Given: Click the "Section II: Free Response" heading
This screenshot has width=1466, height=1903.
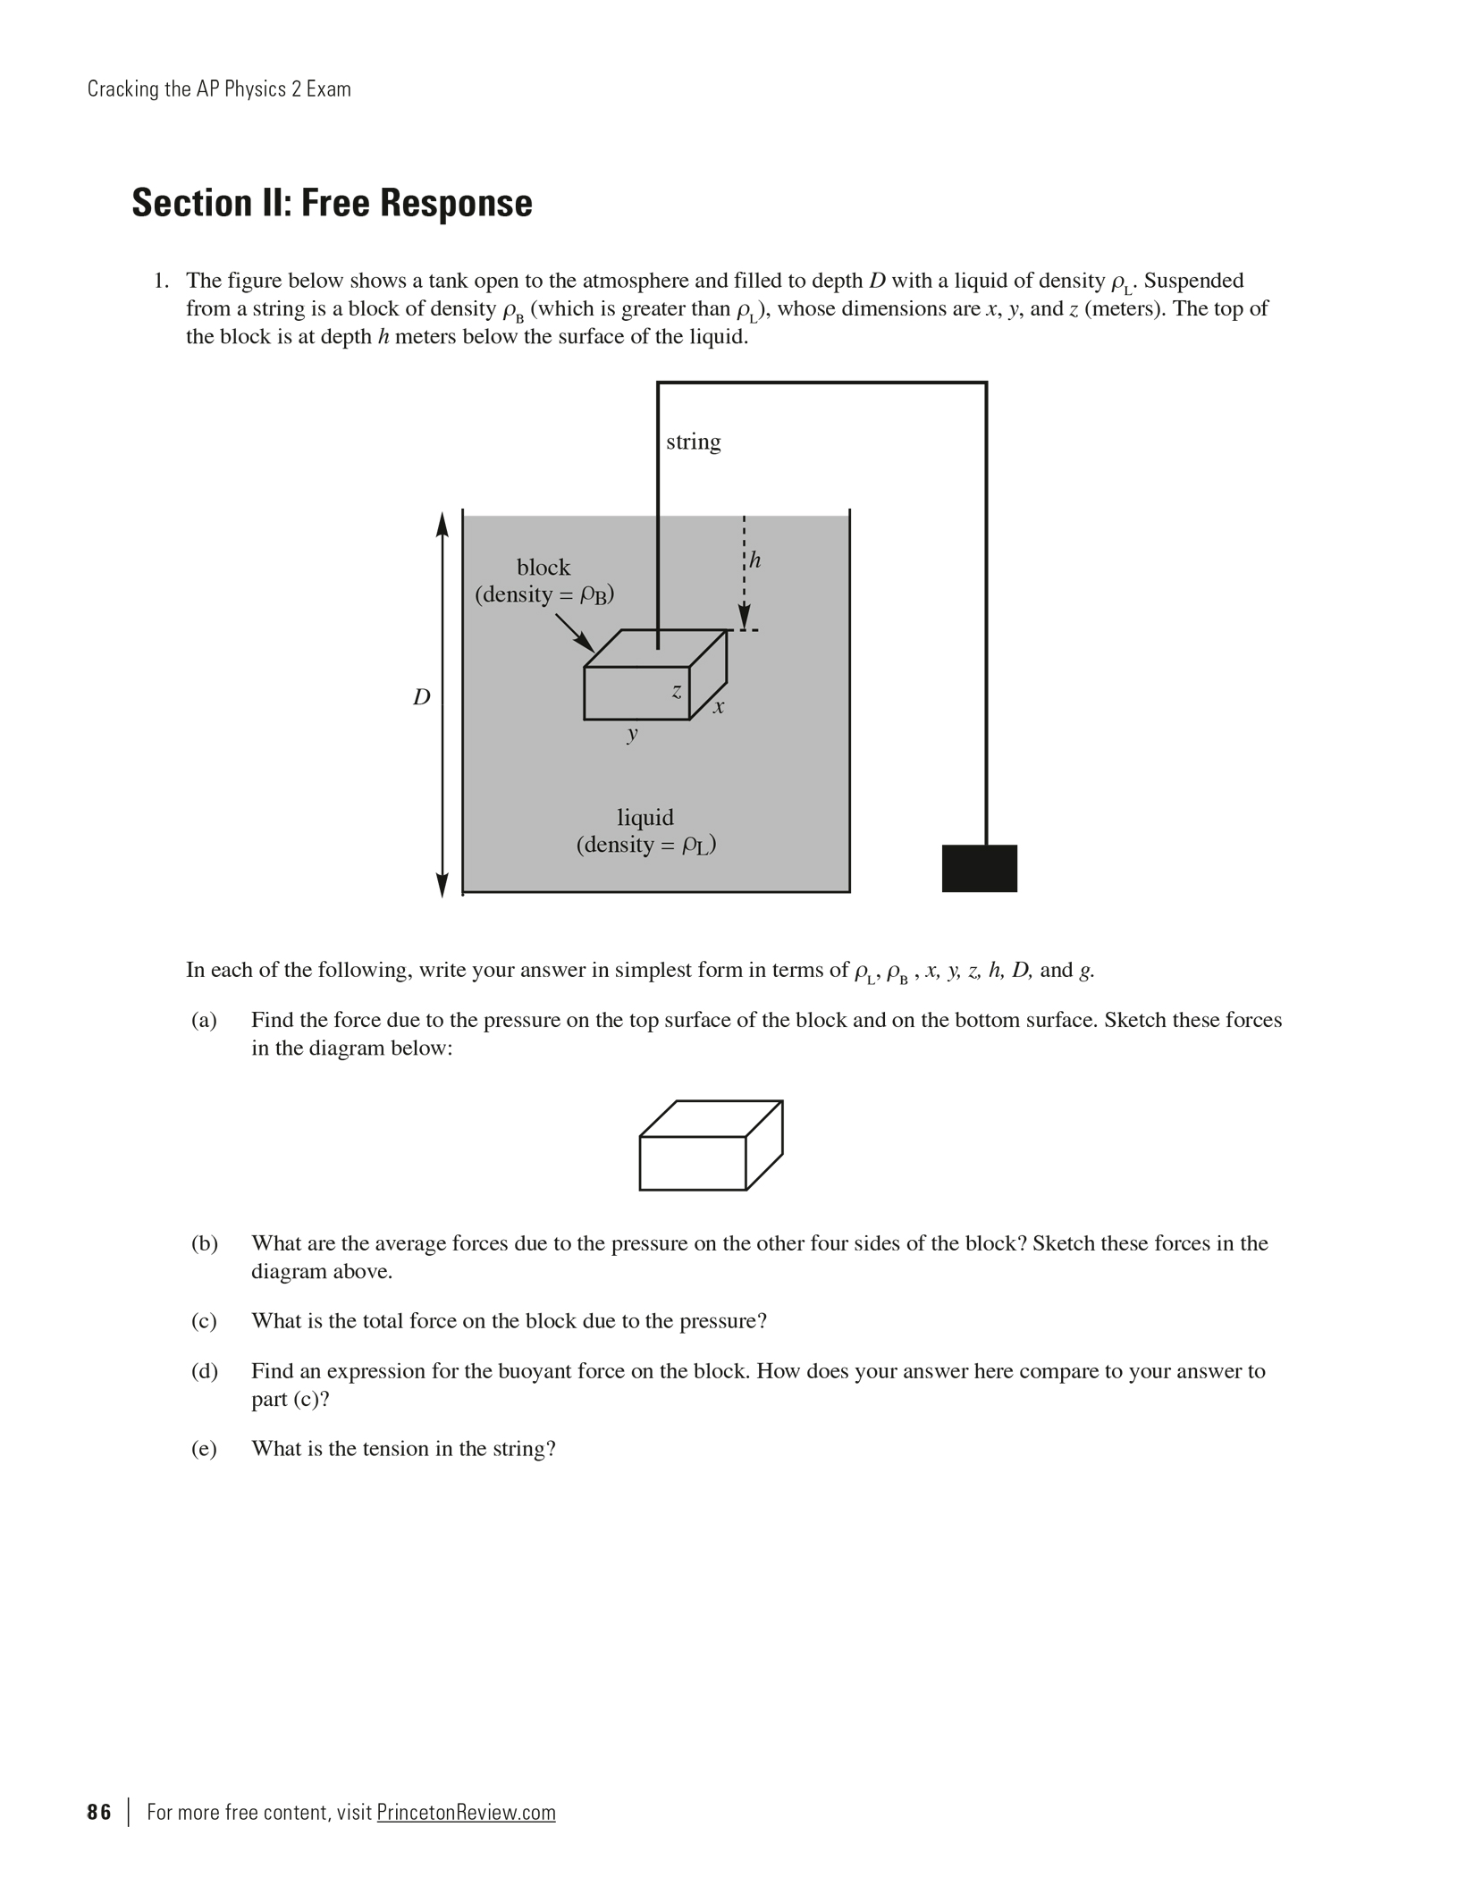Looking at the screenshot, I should tap(332, 203).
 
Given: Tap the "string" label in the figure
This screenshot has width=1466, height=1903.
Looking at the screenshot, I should tap(693, 442).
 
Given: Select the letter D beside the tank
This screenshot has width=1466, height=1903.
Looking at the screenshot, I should tap(421, 697).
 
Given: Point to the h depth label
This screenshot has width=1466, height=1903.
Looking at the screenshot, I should tap(755, 560).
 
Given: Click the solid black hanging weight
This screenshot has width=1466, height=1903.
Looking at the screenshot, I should tap(979, 868).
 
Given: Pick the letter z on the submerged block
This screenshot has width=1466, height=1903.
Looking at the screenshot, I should tap(677, 691).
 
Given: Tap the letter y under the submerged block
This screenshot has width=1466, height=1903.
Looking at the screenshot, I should tap(633, 734).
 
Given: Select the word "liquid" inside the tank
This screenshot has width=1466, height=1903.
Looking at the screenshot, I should tap(645, 817).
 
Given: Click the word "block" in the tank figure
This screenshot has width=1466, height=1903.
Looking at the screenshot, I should tap(543, 567).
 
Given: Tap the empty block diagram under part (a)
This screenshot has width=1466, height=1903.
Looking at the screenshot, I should tap(711, 1145).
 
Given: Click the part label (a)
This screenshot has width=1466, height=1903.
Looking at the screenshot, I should tap(204, 1020).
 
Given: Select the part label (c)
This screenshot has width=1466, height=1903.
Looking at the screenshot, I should tap(204, 1321).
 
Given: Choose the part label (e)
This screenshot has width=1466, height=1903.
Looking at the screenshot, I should tap(204, 1449).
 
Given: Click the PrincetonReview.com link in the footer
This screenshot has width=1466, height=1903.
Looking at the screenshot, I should tap(466, 1812).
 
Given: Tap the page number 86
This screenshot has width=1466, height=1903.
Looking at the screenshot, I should tap(99, 1812).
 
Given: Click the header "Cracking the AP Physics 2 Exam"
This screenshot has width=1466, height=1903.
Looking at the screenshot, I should tap(219, 89).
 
